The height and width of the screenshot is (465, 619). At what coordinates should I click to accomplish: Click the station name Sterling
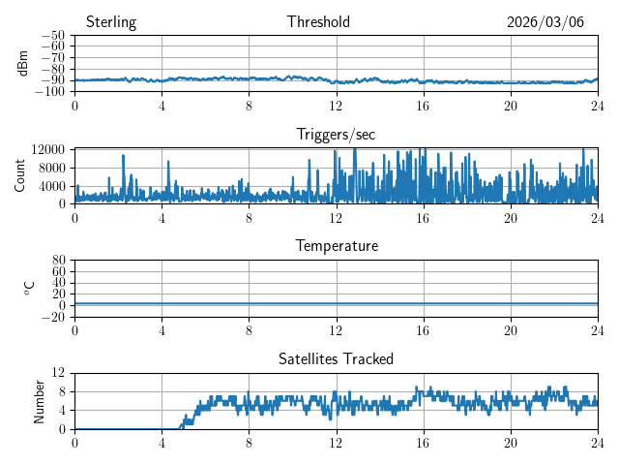pos(111,22)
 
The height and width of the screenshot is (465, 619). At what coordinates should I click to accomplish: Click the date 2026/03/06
pos(545,22)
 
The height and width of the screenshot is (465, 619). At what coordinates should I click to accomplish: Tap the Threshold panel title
pos(318,22)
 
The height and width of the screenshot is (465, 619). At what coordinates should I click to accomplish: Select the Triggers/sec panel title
pos(336,135)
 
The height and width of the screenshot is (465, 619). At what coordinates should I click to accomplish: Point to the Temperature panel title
pos(337,246)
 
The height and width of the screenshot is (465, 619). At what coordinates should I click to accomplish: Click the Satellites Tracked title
pos(336,358)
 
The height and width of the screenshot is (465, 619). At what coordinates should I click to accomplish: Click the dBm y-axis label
pos(23,63)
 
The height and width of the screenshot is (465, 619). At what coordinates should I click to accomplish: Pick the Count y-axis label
pos(20,175)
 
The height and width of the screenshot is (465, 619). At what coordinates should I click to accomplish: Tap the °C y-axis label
pos(29,288)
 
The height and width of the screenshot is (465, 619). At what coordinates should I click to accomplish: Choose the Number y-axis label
pos(40,400)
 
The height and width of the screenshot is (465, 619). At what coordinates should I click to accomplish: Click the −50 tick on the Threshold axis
pos(53,36)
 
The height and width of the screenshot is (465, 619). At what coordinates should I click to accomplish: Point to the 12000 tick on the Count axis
pos(47,149)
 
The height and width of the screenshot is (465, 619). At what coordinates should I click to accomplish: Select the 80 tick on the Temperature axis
pos(58,261)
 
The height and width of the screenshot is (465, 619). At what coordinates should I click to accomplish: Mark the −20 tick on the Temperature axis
pos(53,317)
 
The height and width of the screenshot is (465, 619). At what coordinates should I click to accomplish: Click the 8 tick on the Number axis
pos(61,391)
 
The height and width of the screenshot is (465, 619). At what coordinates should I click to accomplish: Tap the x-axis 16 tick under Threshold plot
pos(424,106)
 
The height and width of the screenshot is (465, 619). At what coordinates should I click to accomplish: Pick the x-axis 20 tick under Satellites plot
pos(511,443)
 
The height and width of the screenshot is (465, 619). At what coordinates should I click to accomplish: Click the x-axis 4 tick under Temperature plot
pos(162,330)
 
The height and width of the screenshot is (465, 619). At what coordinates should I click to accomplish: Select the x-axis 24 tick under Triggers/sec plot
pos(598,218)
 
